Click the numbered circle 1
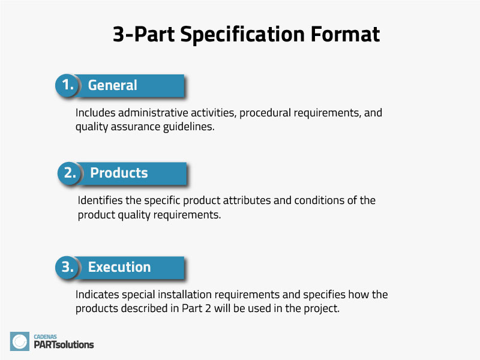(67, 85)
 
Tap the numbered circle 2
(70, 173)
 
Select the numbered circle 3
(67, 267)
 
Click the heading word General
(113, 85)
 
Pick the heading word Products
(119, 173)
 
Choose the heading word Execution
(119, 267)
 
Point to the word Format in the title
(345, 34)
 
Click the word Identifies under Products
(99, 200)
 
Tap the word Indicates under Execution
(97, 295)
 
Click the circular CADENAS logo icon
(20, 341)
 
